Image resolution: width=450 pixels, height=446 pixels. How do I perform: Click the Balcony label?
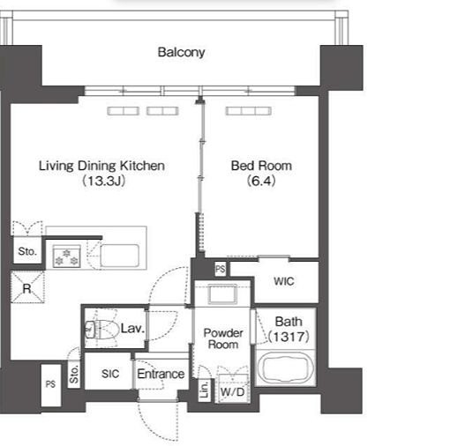[181, 52]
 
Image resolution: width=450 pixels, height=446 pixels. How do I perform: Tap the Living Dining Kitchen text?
[101, 166]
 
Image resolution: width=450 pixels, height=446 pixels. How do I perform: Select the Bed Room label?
[261, 166]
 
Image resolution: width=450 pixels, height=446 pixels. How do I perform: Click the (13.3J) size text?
[103, 181]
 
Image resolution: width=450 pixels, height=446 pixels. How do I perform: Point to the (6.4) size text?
[261, 181]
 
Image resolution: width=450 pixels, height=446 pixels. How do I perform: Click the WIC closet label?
[284, 281]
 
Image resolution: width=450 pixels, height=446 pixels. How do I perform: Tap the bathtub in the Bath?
[286, 368]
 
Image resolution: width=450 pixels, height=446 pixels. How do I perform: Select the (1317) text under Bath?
[289, 337]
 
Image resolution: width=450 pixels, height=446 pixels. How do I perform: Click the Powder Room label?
[223, 338]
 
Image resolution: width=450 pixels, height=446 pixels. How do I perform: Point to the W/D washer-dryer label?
[232, 391]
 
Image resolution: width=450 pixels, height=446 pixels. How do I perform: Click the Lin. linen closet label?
[205, 390]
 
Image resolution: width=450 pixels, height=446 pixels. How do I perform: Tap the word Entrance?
[161, 374]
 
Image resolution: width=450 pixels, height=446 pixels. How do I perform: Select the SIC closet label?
[110, 374]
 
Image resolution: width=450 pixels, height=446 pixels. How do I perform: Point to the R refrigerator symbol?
[27, 287]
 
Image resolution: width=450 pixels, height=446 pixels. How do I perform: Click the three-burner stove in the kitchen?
[66, 256]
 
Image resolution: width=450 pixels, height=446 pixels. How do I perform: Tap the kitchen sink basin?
[119, 256]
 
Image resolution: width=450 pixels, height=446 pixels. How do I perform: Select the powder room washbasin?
[222, 294]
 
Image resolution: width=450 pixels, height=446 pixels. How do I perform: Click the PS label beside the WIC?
[221, 269]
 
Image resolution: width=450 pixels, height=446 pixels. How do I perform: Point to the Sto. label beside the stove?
[27, 251]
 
